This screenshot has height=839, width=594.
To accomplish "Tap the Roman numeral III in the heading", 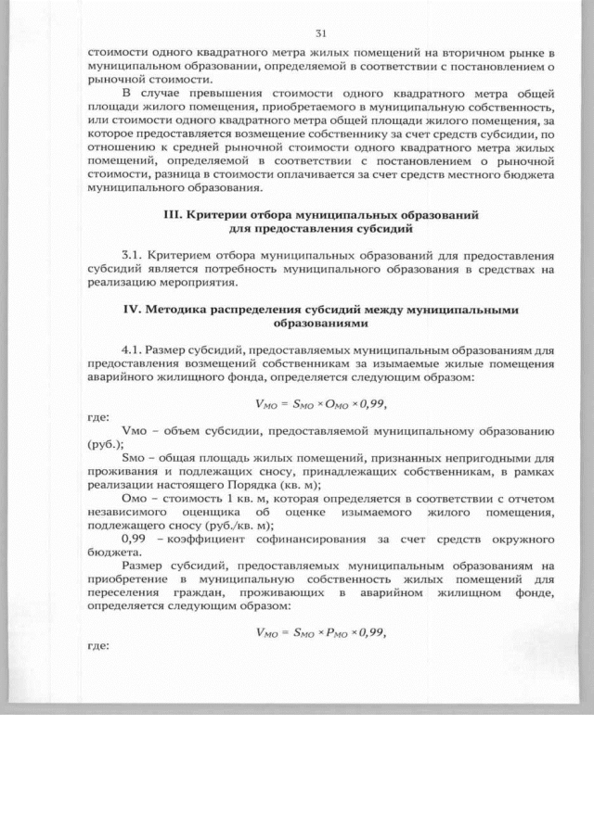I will pos(173,214).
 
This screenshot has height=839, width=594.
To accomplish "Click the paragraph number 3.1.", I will pos(135,253).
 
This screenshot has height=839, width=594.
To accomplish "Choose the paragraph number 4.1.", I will pos(135,350).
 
